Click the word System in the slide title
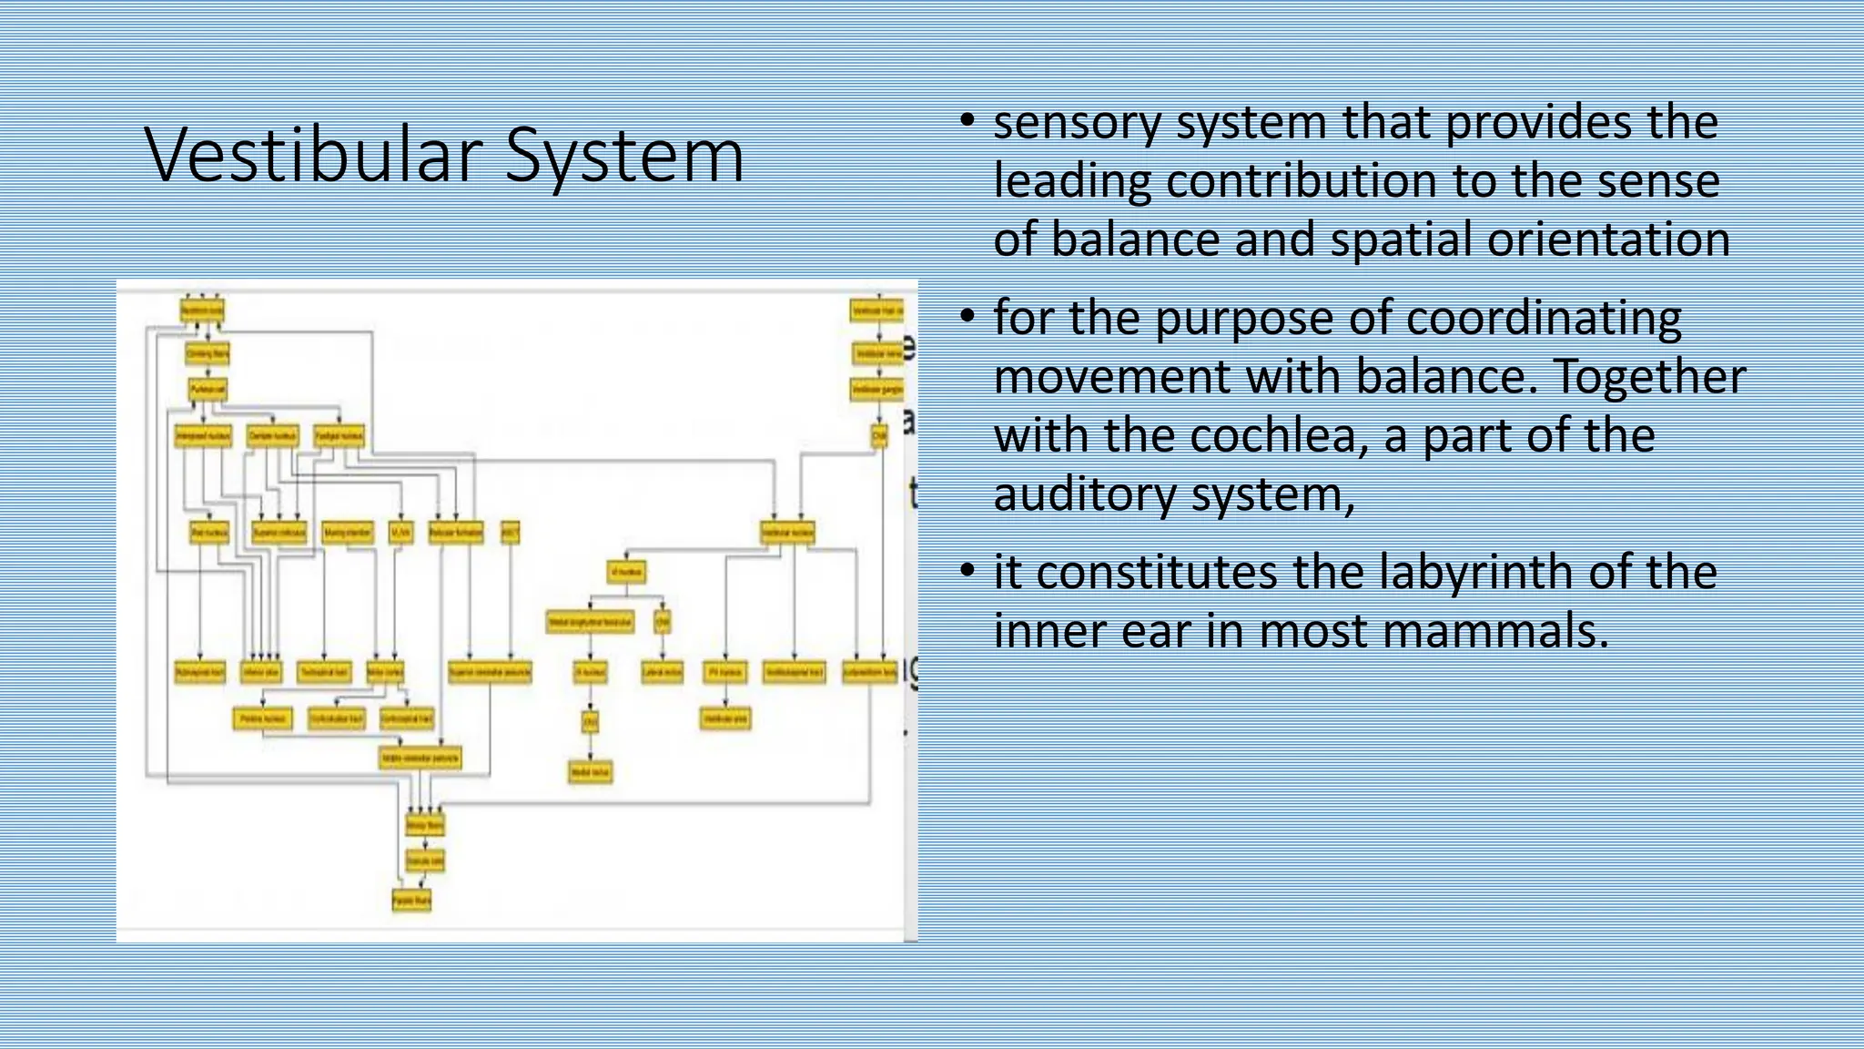624,155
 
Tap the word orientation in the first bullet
1607,239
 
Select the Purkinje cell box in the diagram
208,390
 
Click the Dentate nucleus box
273,436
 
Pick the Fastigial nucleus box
339,436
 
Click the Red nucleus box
210,533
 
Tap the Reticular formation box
456,533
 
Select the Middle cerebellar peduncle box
420,758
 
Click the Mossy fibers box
424,826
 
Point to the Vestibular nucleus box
788,533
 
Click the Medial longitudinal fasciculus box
591,623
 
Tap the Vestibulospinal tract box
795,673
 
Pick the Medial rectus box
591,772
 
